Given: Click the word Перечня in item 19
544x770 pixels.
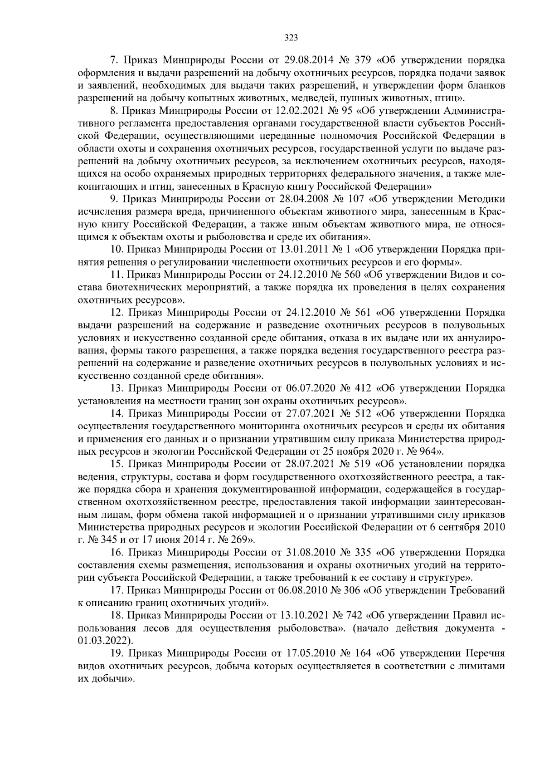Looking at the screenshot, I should [485, 653].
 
